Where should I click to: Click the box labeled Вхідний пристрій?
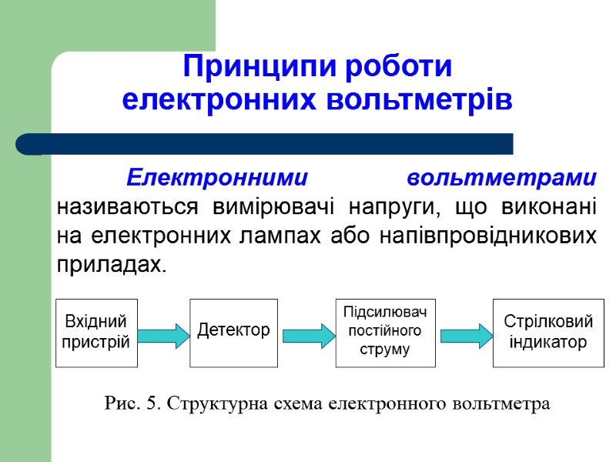(96, 333)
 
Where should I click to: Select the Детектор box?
(233, 332)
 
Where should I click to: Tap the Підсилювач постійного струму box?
(385, 332)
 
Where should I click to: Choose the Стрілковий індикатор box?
(547, 332)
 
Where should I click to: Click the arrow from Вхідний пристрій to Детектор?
(163, 335)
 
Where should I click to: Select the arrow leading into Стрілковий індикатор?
(465, 335)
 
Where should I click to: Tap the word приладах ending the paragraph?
(110, 264)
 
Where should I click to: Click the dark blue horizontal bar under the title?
(266, 144)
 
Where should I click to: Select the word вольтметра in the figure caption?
(502, 403)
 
